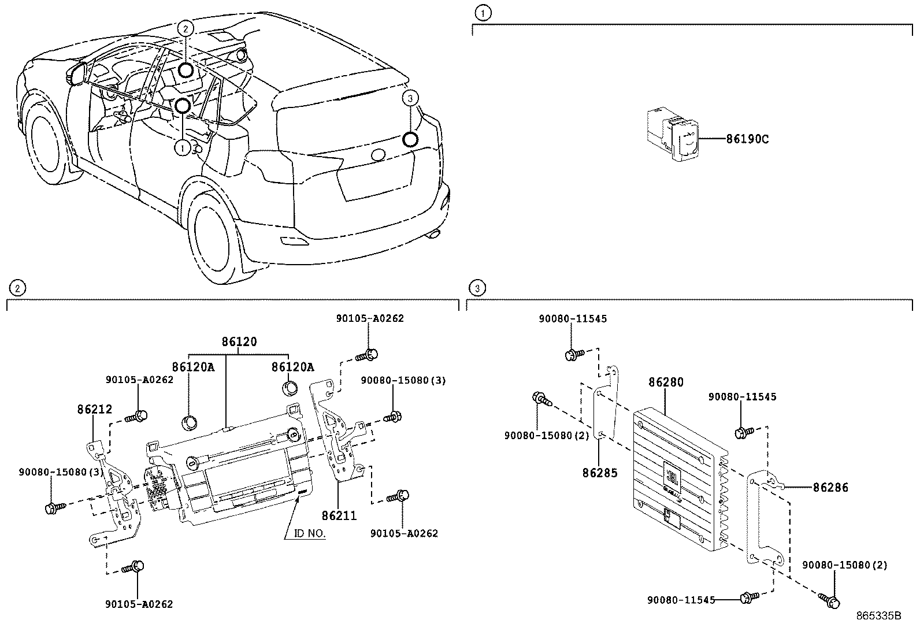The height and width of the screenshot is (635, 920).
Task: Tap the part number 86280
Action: (x=666, y=382)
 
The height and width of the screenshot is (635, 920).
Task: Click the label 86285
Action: (x=600, y=473)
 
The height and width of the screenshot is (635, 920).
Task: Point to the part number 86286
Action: (x=830, y=488)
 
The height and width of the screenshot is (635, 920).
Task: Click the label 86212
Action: (x=94, y=409)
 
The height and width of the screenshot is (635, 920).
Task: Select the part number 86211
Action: (x=339, y=515)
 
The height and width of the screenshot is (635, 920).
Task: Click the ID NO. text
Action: (x=310, y=533)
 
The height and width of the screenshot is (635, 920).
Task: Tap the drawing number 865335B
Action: (x=878, y=616)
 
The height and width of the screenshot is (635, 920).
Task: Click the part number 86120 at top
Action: (x=239, y=341)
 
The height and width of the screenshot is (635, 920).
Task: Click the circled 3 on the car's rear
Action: (x=410, y=99)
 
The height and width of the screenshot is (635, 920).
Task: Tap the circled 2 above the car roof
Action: (x=185, y=28)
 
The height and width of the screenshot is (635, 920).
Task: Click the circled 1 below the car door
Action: (x=182, y=148)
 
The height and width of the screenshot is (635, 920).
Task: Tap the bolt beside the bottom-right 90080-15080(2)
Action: (x=830, y=600)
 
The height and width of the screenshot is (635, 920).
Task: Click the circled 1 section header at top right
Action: (x=483, y=12)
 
